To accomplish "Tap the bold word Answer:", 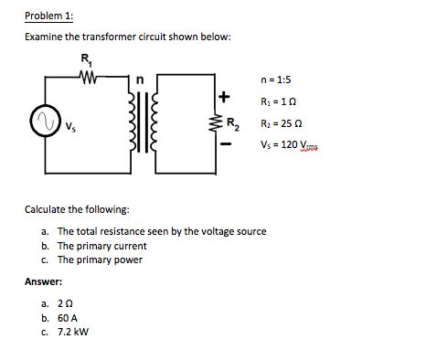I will click(x=43, y=281).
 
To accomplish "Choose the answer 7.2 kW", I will click(x=75, y=332).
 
